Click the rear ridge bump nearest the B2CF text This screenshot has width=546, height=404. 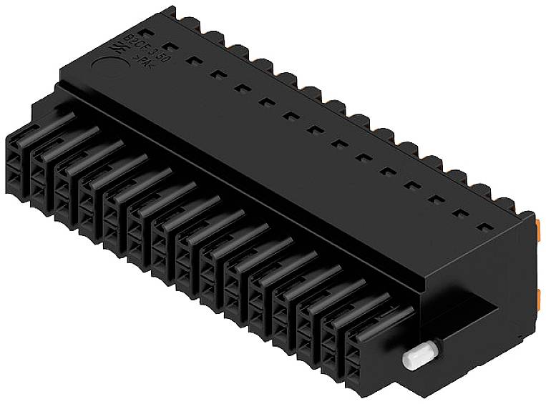point(170,14)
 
